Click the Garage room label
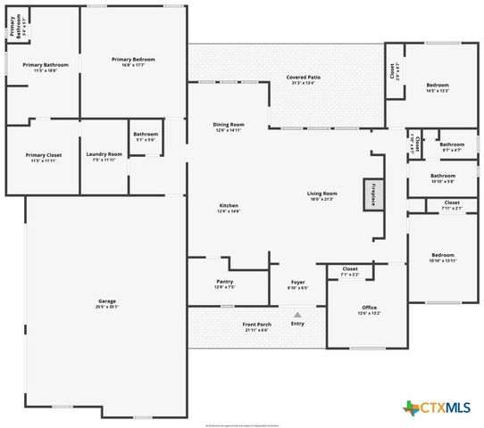pos(106,303)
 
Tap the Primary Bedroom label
pos(128,62)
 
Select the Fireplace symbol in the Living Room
pos(369,195)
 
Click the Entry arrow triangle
pos(297,314)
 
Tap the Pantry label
pos(224,284)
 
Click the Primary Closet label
pos(43,157)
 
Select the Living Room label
pos(321,195)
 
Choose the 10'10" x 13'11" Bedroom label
pos(442,257)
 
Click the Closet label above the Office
pos(349,271)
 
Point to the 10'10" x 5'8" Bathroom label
pos(442,178)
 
